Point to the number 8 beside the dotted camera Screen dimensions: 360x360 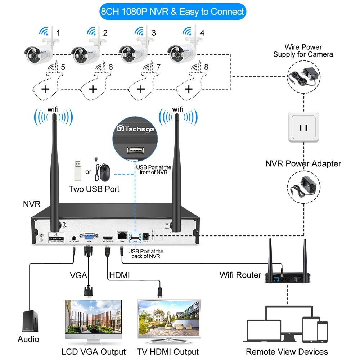pos(206,67)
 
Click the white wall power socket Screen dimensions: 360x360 pos(303,127)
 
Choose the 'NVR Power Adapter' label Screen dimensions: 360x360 pos(303,164)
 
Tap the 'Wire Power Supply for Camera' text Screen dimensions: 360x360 pos(303,51)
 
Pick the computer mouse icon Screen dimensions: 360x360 pos(104,172)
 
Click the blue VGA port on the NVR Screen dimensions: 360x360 pos(88,237)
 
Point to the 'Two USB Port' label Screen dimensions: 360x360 pos(94,189)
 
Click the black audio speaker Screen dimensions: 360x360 pos(30,321)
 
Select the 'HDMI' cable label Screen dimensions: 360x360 pos(120,275)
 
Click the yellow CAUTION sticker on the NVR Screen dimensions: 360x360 pos(57,238)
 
